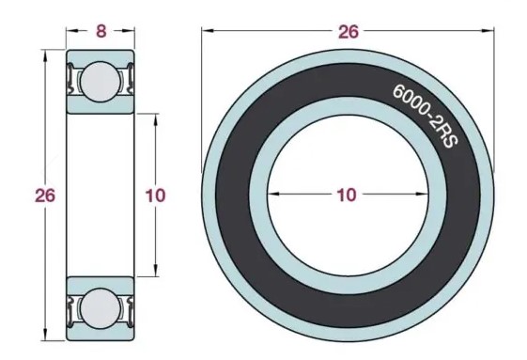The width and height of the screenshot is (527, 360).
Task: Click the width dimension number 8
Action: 101,31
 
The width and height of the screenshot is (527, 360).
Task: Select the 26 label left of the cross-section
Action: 45,196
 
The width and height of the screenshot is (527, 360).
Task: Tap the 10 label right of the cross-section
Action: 155,196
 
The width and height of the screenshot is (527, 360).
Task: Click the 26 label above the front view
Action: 349,32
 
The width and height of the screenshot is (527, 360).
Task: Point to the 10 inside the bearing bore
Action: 347,195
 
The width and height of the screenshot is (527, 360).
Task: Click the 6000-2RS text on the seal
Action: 426,115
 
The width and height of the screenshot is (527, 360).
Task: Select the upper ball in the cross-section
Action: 101,82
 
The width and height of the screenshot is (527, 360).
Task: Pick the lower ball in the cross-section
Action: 101,308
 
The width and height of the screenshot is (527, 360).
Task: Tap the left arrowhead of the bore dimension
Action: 274,194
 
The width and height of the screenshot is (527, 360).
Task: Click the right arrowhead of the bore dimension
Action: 422,194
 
